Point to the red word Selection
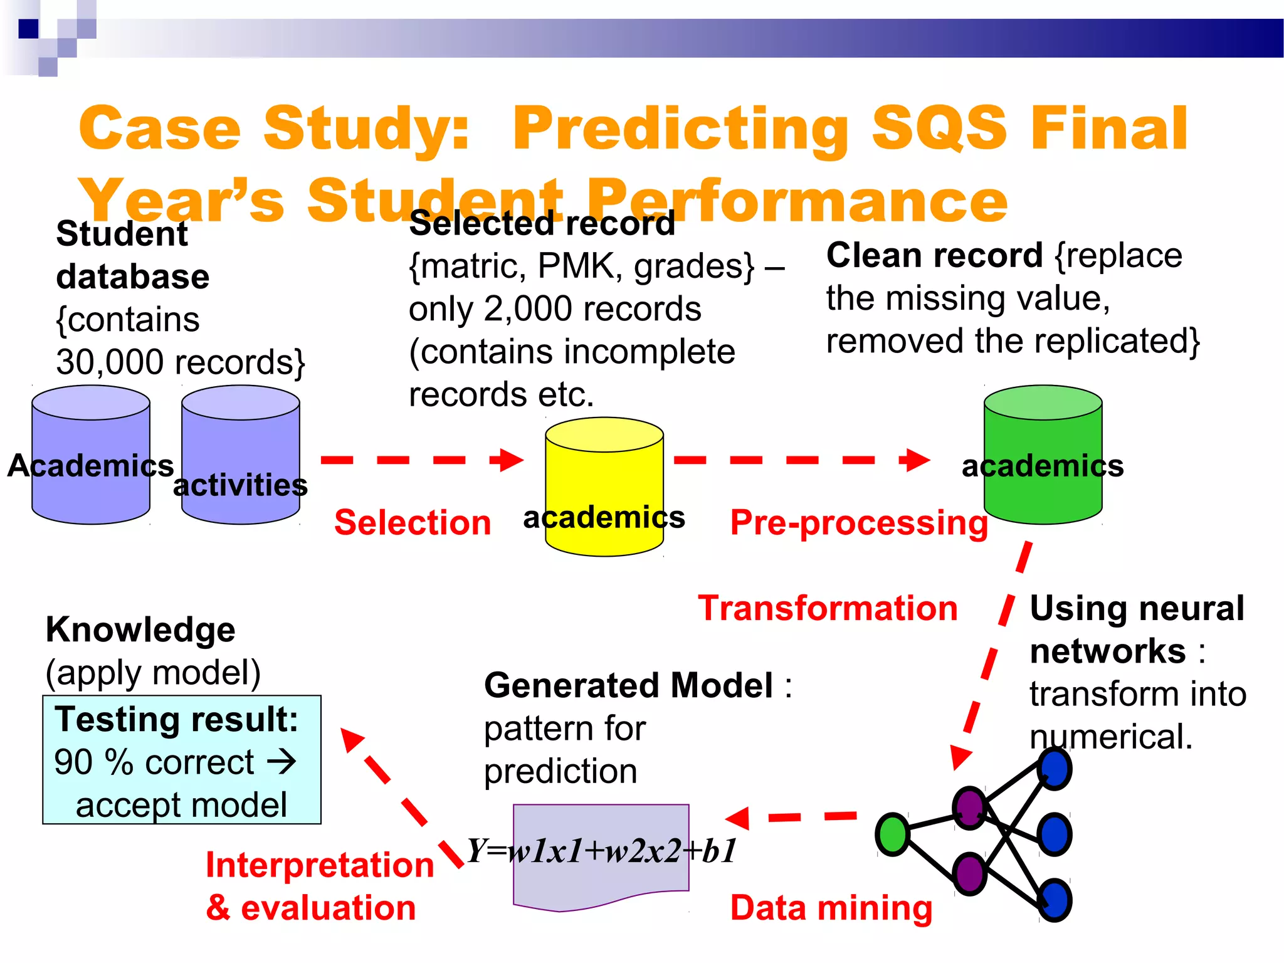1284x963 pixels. click(413, 522)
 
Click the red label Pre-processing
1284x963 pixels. click(859, 522)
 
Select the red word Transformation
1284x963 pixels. click(828, 608)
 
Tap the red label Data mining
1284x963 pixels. click(831, 908)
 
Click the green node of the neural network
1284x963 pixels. click(892, 834)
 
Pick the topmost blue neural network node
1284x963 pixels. click(1055, 769)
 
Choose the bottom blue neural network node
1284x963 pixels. click(1055, 900)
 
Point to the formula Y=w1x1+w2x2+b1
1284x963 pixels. click(602, 851)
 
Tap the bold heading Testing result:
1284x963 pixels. click(176, 719)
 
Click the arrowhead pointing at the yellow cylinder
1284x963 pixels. click(511, 460)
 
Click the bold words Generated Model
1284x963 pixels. click(628, 685)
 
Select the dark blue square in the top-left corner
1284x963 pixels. click(28, 29)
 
